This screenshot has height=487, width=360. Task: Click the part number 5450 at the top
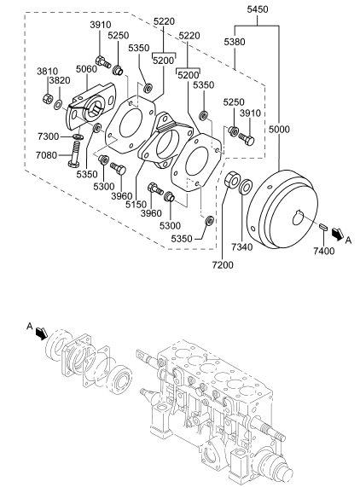point(257,9)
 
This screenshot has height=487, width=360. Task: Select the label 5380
point(235,42)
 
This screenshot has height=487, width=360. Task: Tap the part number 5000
point(279,129)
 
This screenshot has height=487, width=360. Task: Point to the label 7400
point(323,251)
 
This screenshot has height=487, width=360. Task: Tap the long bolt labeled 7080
point(74,154)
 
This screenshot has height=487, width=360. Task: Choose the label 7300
point(48,136)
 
